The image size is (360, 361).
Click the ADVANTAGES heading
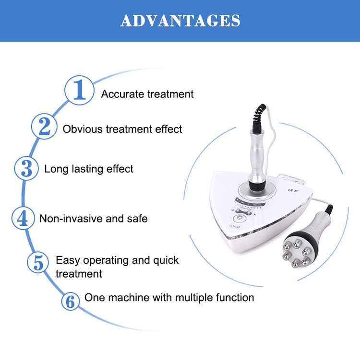pyautogui.click(x=180, y=21)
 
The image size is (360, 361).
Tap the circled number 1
pyautogui.click(x=79, y=91)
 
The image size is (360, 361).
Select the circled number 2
pyautogui.click(x=45, y=127)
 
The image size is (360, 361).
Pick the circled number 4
pyautogui.click(x=23, y=218)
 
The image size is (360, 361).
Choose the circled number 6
pyautogui.click(x=71, y=302)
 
